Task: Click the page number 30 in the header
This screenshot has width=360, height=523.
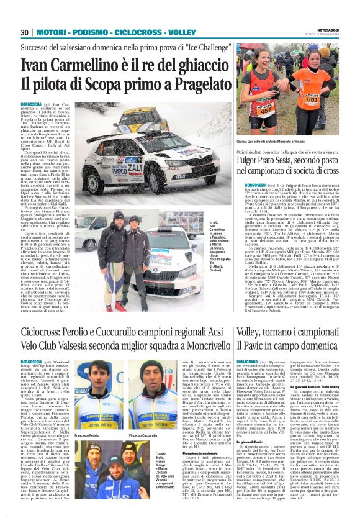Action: tap(25, 32)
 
